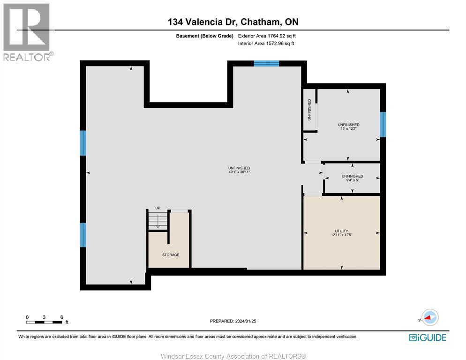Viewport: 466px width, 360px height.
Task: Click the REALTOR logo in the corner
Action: [x=27, y=31]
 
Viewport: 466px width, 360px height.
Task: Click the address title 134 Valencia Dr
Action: [x=233, y=22]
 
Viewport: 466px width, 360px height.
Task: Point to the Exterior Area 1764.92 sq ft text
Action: [x=267, y=36]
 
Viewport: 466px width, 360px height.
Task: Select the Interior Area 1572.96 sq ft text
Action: [x=266, y=44]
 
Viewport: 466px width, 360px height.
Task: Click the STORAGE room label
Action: [x=171, y=255]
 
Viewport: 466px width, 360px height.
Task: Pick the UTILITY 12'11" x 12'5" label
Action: [x=341, y=233]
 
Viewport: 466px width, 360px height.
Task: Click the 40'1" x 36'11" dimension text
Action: [x=239, y=172]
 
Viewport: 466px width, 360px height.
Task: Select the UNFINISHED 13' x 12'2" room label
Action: [x=348, y=127]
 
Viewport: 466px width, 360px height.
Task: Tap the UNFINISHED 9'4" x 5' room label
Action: [x=352, y=178]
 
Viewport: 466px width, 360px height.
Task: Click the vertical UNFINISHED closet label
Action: [x=309, y=110]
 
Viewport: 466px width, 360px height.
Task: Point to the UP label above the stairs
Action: [x=158, y=208]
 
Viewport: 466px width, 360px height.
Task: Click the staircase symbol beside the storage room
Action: [x=158, y=221]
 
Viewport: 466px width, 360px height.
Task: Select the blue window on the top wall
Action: [x=266, y=64]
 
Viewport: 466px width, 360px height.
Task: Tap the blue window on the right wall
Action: [x=383, y=124]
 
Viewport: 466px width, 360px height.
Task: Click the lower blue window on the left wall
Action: [x=83, y=235]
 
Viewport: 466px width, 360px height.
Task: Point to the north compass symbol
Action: [x=429, y=318]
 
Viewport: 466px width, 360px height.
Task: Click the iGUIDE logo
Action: [x=427, y=337]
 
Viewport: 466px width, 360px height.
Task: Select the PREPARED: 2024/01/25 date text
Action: [x=233, y=321]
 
